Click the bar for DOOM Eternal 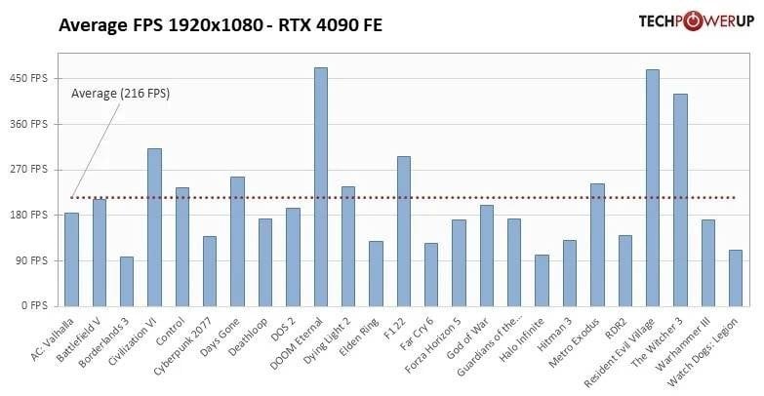pyautogui.click(x=321, y=187)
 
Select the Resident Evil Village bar pyautogui.click(x=653, y=188)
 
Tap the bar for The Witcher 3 pyautogui.click(x=680, y=200)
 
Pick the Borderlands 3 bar pyautogui.click(x=127, y=282)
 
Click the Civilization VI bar pyautogui.click(x=154, y=227)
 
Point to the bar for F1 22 pyautogui.click(x=404, y=231)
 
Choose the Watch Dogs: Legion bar pyautogui.click(x=736, y=278)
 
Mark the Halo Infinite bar pyautogui.click(x=542, y=281)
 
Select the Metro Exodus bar pyautogui.click(x=597, y=245)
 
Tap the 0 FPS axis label pyautogui.click(x=34, y=306)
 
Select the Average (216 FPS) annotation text pyautogui.click(x=120, y=94)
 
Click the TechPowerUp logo pyautogui.click(x=697, y=20)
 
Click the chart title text pyautogui.click(x=221, y=24)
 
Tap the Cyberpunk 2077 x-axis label pyautogui.click(x=183, y=345)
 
